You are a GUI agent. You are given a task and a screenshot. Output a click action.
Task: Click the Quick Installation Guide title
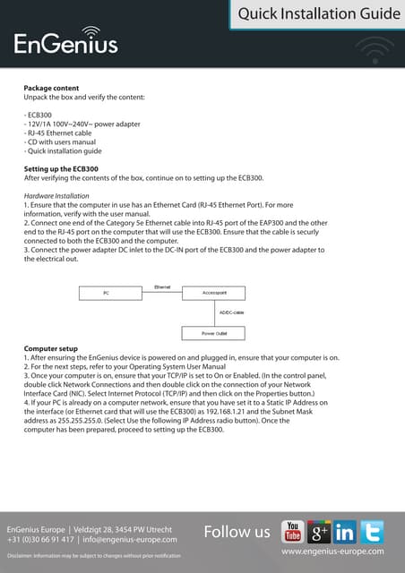pos(319,13)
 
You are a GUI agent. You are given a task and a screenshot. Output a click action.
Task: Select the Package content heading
pos(50,89)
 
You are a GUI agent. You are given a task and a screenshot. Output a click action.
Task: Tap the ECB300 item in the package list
pos(39,115)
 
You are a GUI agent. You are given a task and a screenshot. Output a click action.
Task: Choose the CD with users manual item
pos(61,142)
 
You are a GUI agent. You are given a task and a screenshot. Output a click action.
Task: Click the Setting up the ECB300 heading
pos(61,168)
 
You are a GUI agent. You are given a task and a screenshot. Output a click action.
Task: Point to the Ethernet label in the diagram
pos(162,286)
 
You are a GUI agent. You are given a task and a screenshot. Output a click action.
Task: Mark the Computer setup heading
pos(50,348)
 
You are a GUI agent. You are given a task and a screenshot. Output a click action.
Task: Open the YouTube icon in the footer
pos(293,532)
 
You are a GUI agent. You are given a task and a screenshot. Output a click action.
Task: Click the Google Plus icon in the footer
pos(320,532)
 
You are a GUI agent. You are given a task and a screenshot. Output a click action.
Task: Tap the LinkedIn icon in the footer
pos(346,532)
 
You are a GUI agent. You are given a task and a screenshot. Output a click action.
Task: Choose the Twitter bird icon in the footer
pos(373,532)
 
